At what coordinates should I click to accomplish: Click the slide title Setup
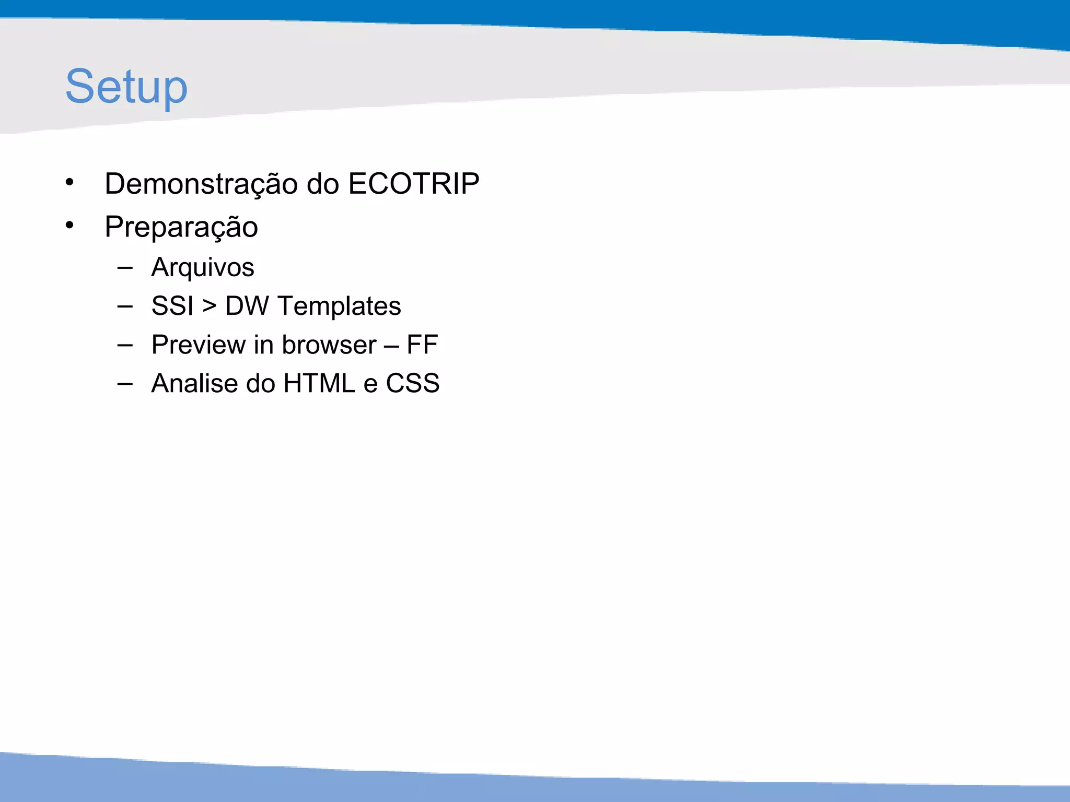pos(126,87)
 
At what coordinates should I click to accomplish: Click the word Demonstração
pos(201,184)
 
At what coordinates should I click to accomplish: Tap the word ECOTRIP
pos(413,184)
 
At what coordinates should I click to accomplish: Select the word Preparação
pos(181,227)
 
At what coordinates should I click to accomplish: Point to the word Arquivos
pos(203,268)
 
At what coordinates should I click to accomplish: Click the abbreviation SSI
pos(172,306)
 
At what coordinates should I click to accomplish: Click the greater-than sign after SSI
pos(209,306)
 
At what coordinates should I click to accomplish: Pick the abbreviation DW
pos(247,306)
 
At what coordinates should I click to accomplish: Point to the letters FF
pos(422,345)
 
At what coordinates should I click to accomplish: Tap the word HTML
pos(319,384)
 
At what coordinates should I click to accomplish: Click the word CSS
pos(413,384)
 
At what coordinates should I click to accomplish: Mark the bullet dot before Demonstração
pos(69,182)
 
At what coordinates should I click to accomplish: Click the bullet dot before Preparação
pos(69,226)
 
